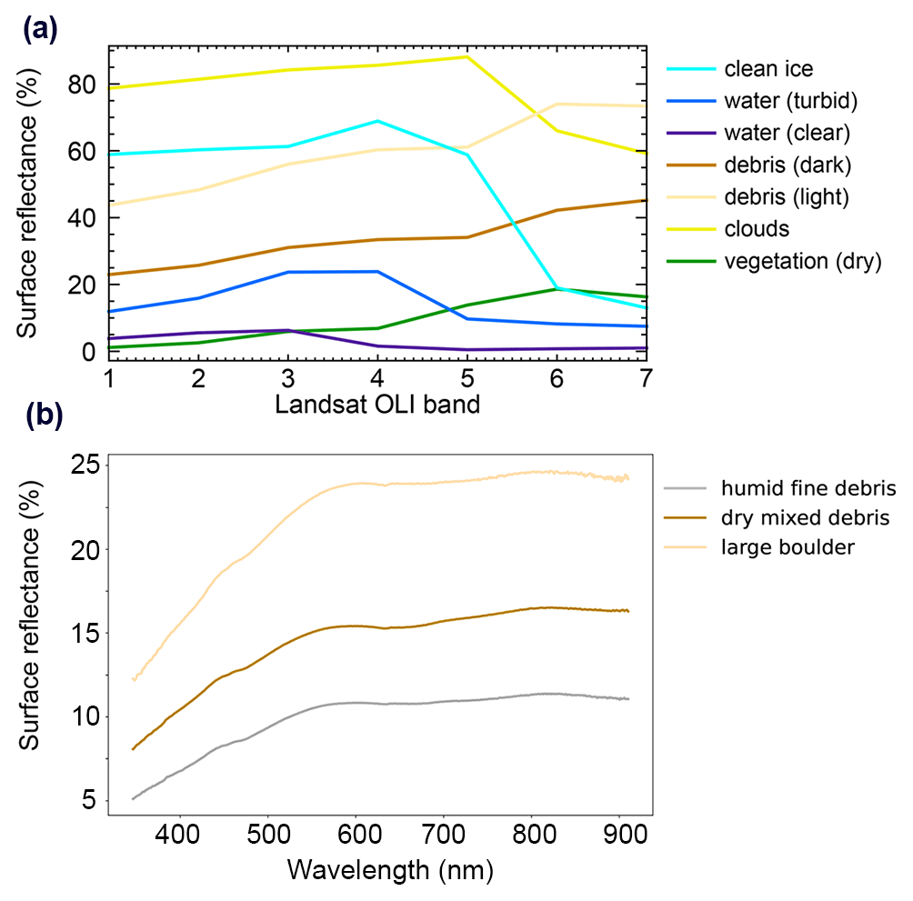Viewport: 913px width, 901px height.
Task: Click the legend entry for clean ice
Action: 768,69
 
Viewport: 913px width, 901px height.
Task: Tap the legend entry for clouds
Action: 757,229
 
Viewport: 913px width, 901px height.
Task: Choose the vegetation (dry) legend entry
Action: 803,262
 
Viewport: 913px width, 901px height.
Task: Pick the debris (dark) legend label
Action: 788,165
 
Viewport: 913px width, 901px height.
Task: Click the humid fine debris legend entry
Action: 808,490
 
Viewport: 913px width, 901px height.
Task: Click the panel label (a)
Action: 40,30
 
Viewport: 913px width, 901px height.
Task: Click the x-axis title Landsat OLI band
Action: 376,405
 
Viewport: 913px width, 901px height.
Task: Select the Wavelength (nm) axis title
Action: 390,871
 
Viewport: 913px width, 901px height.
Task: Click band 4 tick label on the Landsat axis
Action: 377,376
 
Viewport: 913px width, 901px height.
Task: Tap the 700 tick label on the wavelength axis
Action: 444,833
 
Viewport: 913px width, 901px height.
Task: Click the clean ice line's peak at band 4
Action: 377,121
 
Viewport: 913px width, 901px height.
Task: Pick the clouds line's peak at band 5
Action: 467,56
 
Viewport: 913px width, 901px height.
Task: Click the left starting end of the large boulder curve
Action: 134,679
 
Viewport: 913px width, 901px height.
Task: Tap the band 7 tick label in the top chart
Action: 645,376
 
